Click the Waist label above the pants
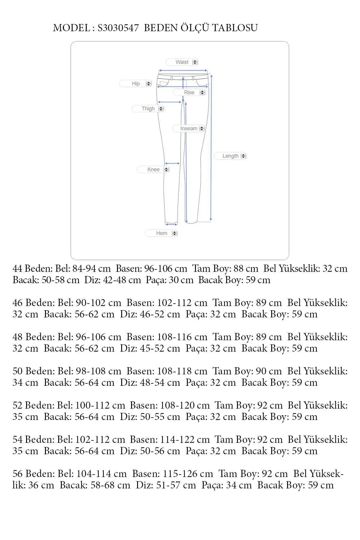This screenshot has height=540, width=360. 182,62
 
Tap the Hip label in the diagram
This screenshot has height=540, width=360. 136,84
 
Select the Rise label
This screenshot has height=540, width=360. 189,92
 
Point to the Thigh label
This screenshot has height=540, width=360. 148,109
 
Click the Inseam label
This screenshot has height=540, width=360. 188,128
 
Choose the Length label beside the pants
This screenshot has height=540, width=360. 230,156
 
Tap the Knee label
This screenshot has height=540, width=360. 153,169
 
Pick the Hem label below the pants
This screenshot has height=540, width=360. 161,233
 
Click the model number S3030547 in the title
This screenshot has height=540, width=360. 118,28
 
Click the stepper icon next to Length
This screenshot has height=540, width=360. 244,156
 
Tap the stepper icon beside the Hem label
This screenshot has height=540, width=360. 175,233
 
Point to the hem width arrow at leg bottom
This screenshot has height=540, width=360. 171,224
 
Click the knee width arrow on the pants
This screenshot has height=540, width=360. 172,163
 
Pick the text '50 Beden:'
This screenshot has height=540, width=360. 34,371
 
